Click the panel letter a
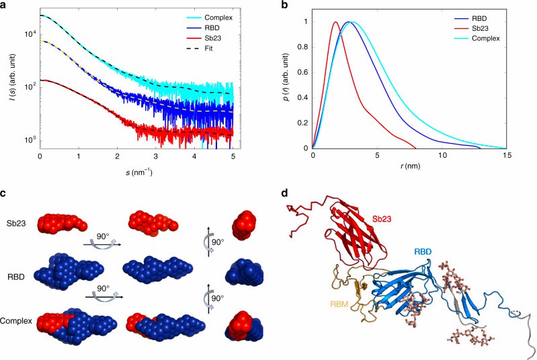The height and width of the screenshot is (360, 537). [5, 6]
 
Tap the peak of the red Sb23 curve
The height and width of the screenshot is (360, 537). [335, 22]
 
